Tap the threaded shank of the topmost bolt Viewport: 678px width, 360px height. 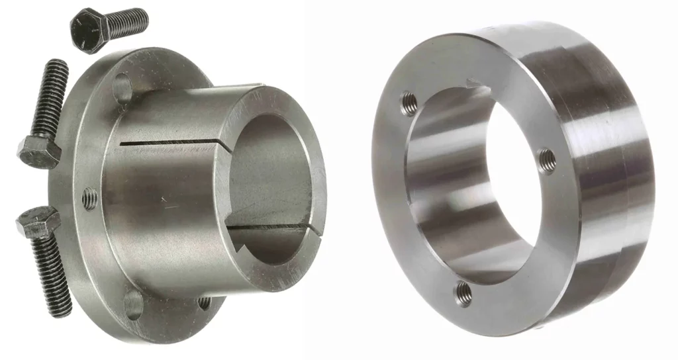[x=127, y=22]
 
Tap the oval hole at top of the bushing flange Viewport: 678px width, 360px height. [x=123, y=87]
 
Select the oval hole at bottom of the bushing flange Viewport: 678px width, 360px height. [x=133, y=304]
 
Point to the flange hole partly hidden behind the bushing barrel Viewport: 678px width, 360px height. [x=205, y=302]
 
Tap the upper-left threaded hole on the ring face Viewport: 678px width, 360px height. [x=410, y=103]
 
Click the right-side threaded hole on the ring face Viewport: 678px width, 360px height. [x=547, y=158]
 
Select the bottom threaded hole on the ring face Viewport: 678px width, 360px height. [x=464, y=293]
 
